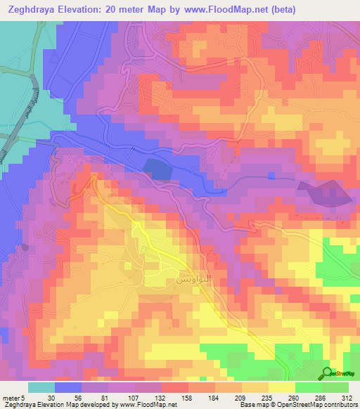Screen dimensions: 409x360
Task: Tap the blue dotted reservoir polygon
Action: coord(160,169)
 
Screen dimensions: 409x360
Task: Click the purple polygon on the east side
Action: coord(324,193)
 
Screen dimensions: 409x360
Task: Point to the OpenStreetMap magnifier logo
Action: coord(327,373)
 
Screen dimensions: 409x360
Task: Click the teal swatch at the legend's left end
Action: coord(41,387)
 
